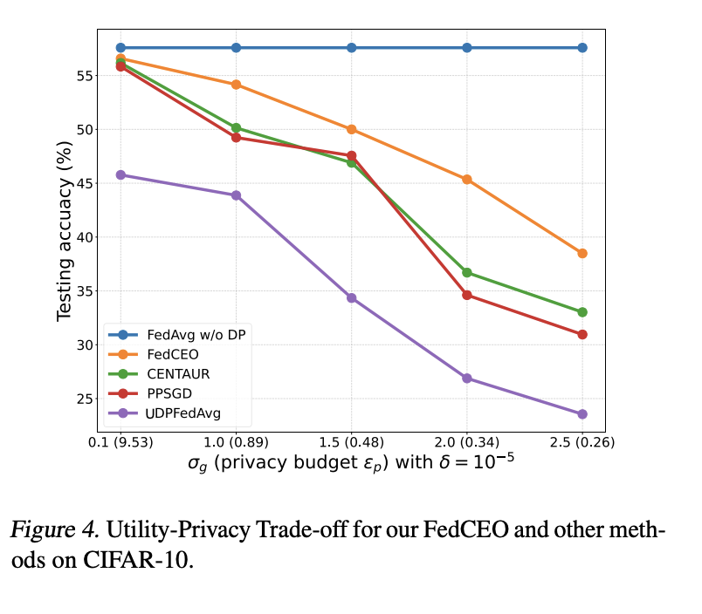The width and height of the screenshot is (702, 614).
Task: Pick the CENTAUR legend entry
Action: (x=178, y=373)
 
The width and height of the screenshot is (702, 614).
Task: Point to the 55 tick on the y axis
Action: (x=80, y=76)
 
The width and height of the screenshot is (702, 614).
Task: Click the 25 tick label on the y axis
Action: (x=80, y=399)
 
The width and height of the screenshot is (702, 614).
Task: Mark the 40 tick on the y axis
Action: (x=80, y=237)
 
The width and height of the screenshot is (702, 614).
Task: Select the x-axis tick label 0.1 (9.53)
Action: (x=120, y=442)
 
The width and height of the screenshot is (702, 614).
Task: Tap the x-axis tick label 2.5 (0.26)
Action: (x=582, y=442)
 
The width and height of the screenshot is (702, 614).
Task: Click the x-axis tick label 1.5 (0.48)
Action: (x=351, y=442)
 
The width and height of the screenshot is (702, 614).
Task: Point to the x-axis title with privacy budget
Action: (x=350, y=464)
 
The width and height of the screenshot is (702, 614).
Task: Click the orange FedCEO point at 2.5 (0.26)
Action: (x=582, y=253)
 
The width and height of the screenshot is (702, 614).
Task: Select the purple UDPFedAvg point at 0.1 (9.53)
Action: (x=120, y=174)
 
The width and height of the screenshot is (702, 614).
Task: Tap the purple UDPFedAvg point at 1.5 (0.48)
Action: (x=351, y=297)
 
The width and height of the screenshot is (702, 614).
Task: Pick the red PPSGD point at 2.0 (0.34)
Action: (x=467, y=295)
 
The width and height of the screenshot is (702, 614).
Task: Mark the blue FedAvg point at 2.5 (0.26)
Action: (x=582, y=47)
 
